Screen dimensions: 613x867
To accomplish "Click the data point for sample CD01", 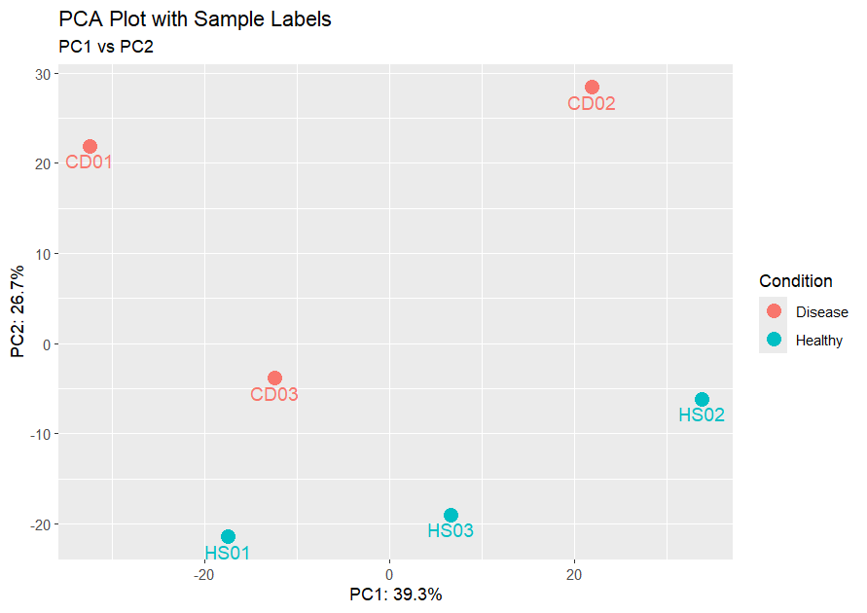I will [x=90, y=147].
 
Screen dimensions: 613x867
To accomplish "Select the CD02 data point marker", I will [x=592, y=88].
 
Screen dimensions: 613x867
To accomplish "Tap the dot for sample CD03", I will [x=274, y=378].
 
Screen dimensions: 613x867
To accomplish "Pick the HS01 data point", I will [x=228, y=537].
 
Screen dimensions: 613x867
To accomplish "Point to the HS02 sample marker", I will [x=702, y=400].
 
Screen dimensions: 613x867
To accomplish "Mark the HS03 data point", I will [x=451, y=516].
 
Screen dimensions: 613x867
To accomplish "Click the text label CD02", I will [x=592, y=104].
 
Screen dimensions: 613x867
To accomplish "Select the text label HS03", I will [x=451, y=531].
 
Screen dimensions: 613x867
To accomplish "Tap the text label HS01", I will [x=228, y=554].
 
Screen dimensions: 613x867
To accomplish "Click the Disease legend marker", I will [x=774, y=311].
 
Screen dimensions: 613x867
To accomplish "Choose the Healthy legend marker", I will [x=774, y=340].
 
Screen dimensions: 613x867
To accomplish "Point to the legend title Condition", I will [x=795, y=281].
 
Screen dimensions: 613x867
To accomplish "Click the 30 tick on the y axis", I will [x=42, y=74].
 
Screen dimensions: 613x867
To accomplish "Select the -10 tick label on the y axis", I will [x=39, y=434].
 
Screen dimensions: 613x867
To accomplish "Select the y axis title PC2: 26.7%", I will [x=18, y=311].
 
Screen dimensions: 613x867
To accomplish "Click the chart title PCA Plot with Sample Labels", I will [x=195, y=19].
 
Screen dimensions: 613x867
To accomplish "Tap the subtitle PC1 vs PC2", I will [x=106, y=46].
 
